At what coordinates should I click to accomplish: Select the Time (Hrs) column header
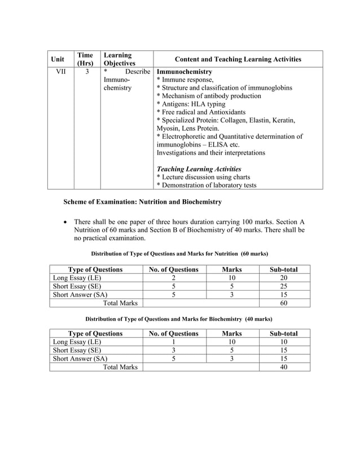(85, 59)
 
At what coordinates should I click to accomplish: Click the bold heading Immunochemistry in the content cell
(184, 73)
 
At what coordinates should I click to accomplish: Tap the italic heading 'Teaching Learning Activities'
(199, 169)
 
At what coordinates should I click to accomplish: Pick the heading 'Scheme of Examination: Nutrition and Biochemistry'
(142, 202)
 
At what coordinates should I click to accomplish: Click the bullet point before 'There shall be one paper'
(67, 222)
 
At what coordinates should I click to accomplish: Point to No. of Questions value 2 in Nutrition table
(173, 278)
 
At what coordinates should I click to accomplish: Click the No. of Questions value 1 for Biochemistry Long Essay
(173, 342)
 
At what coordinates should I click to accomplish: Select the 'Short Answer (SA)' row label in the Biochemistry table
(80, 359)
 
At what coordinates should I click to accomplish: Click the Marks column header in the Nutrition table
(231, 270)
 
